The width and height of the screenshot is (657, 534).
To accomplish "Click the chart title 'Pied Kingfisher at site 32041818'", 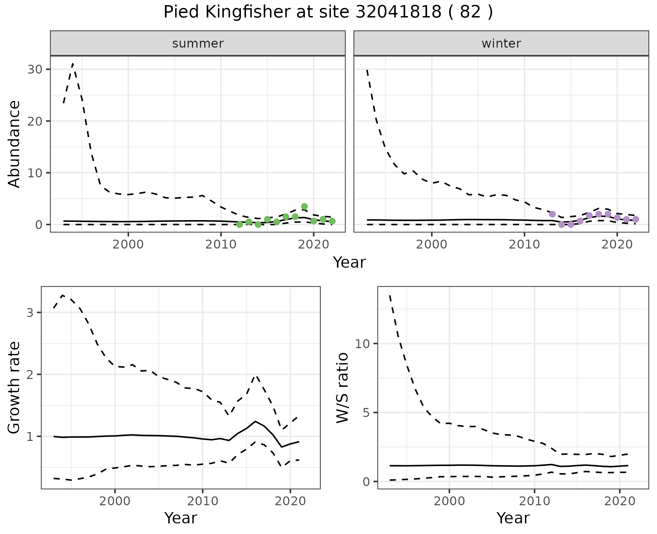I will point(328,12).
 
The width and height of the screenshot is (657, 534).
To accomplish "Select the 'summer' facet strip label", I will point(198,43).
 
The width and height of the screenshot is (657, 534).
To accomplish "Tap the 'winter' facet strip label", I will point(501,43).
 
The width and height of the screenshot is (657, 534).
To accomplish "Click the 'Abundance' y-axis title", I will point(14,144).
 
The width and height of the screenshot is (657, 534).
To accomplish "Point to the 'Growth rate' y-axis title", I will point(14,387).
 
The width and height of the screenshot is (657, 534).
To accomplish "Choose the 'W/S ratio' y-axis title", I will point(342,387).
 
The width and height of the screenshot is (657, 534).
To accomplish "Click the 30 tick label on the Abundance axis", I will point(34,69).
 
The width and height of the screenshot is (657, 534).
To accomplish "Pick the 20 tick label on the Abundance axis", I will point(34,121).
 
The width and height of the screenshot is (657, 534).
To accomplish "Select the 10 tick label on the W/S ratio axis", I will point(363,344).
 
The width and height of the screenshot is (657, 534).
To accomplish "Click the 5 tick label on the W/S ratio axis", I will point(367,412).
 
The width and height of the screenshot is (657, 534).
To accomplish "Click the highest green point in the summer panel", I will point(304,206).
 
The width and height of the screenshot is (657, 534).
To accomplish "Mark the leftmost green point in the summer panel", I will point(240,225).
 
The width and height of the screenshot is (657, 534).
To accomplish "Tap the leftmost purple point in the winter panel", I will point(552,214).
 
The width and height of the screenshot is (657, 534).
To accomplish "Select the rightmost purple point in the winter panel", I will point(635,219).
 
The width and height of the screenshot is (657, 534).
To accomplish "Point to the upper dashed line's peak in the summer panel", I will point(73,64).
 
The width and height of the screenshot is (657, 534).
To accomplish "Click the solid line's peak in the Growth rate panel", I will point(255,421).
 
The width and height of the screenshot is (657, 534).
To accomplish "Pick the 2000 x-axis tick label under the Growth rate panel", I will point(115,501).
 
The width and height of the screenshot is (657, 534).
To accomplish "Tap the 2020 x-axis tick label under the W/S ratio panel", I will point(620,501).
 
